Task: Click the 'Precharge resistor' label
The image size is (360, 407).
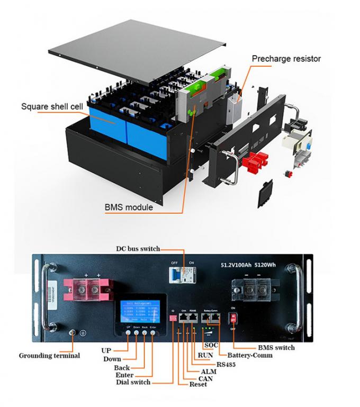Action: (286, 59)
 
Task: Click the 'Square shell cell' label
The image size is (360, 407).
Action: (52, 106)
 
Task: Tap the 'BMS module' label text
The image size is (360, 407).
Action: (129, 207)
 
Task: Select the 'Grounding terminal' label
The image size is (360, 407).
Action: (49, 356)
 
